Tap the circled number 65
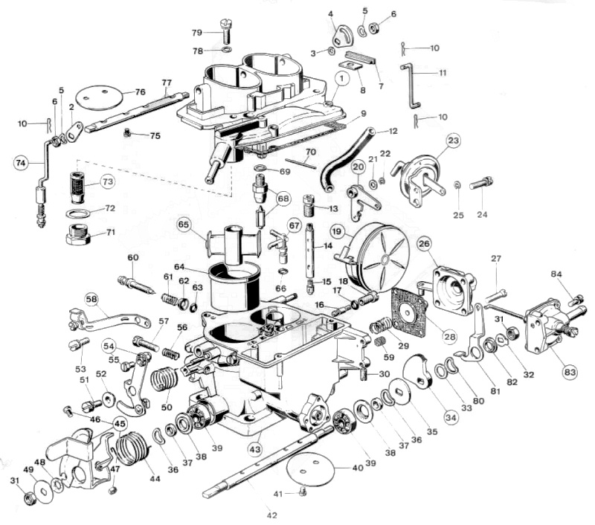pos(184,223)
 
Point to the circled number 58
pos(91,298)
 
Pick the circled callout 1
pos(341,77)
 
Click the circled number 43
pos(255,449)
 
